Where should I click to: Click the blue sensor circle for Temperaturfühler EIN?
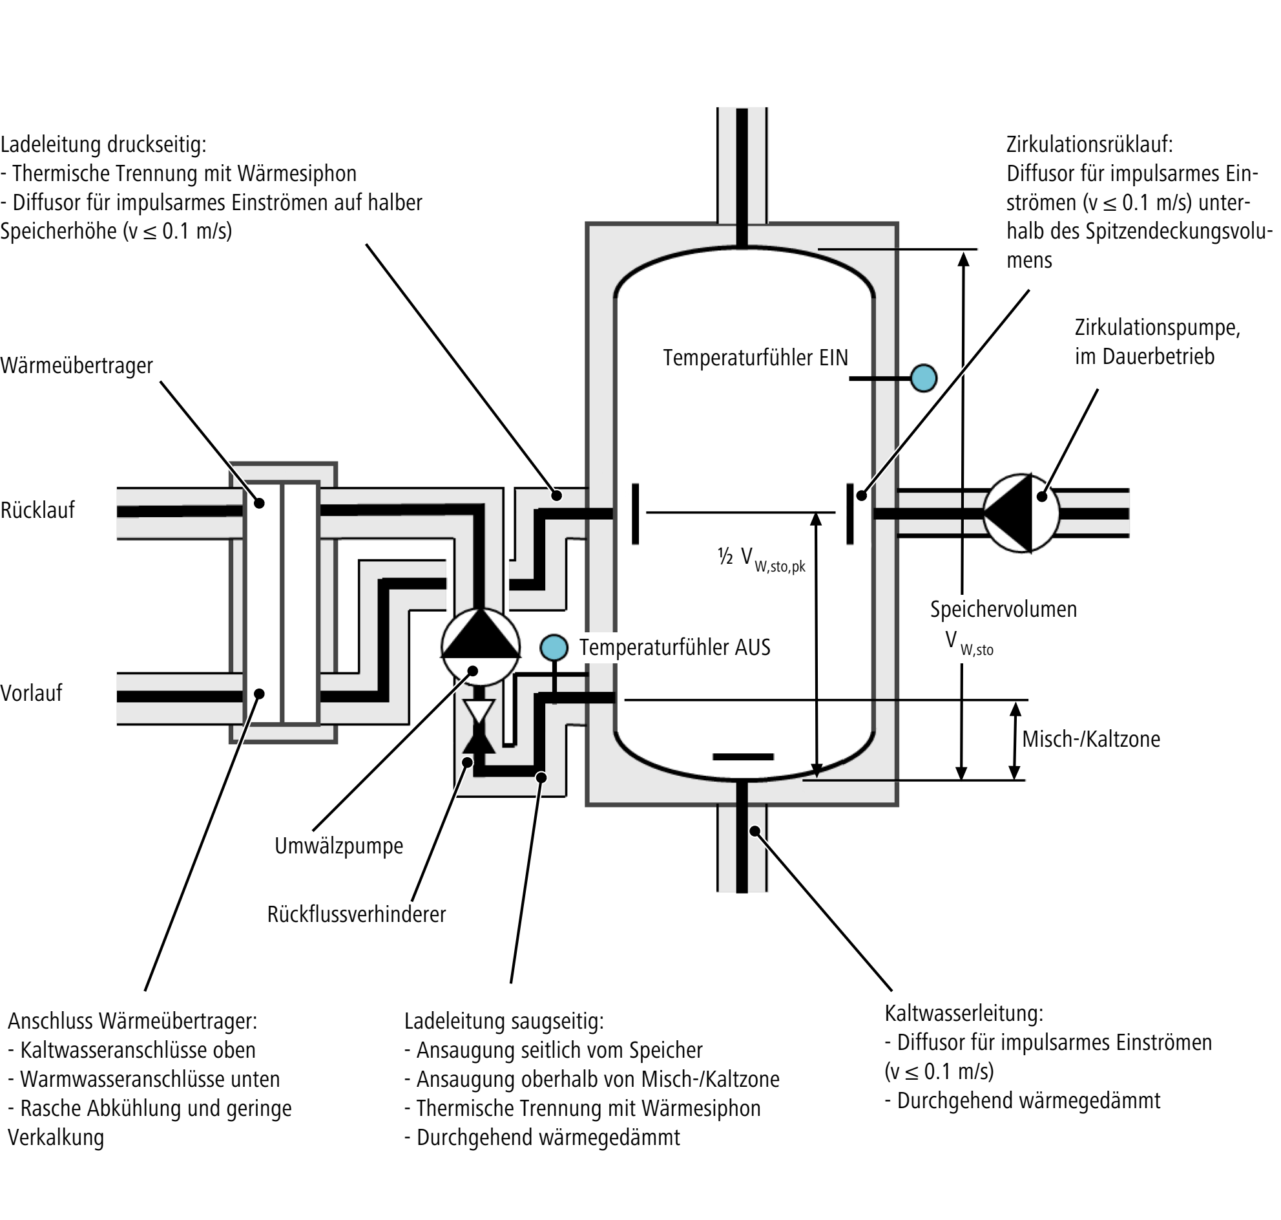tap(923, 378)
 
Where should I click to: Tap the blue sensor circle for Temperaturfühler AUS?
tap(554, 647)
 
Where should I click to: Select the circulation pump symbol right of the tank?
tap(1021, 513)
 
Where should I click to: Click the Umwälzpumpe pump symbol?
tap(481, 647)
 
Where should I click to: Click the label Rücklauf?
tap(37, 510)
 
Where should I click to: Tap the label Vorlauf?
tap(31, 692)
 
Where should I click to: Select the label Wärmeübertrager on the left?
tap(77, 365)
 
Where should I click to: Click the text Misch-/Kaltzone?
tap(1091, 739)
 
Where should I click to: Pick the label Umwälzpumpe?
tap(338, 846)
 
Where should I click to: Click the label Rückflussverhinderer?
tap(356, 914)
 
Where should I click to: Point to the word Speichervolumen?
tap(1003, 608)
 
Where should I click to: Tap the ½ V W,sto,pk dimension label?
tap(761, 559)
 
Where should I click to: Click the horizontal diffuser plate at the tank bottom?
tap(743, 756)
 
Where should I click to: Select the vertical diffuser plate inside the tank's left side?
tap(635, 514)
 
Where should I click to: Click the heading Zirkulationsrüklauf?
tap(1090, 144)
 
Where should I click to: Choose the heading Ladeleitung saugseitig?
tap(504, 1021)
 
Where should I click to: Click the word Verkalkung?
tap(56, 1137)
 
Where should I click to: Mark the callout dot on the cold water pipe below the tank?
tap(755, 830)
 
